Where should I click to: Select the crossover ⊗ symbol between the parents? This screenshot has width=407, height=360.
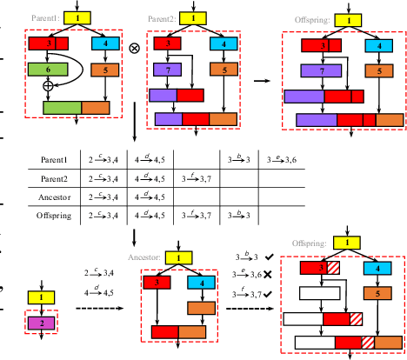pyautogui.click(x=135, y=49)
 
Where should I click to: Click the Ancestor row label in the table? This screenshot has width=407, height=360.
pyautogui.click(x=55, y=197)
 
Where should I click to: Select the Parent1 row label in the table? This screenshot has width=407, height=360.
pyautogui.click(x=55, y=159)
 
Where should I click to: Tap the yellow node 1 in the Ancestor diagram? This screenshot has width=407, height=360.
pyautogui.click(x=178, y=257)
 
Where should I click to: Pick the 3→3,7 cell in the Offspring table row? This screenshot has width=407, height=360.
pyautogui.click(x=197, y=217)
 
